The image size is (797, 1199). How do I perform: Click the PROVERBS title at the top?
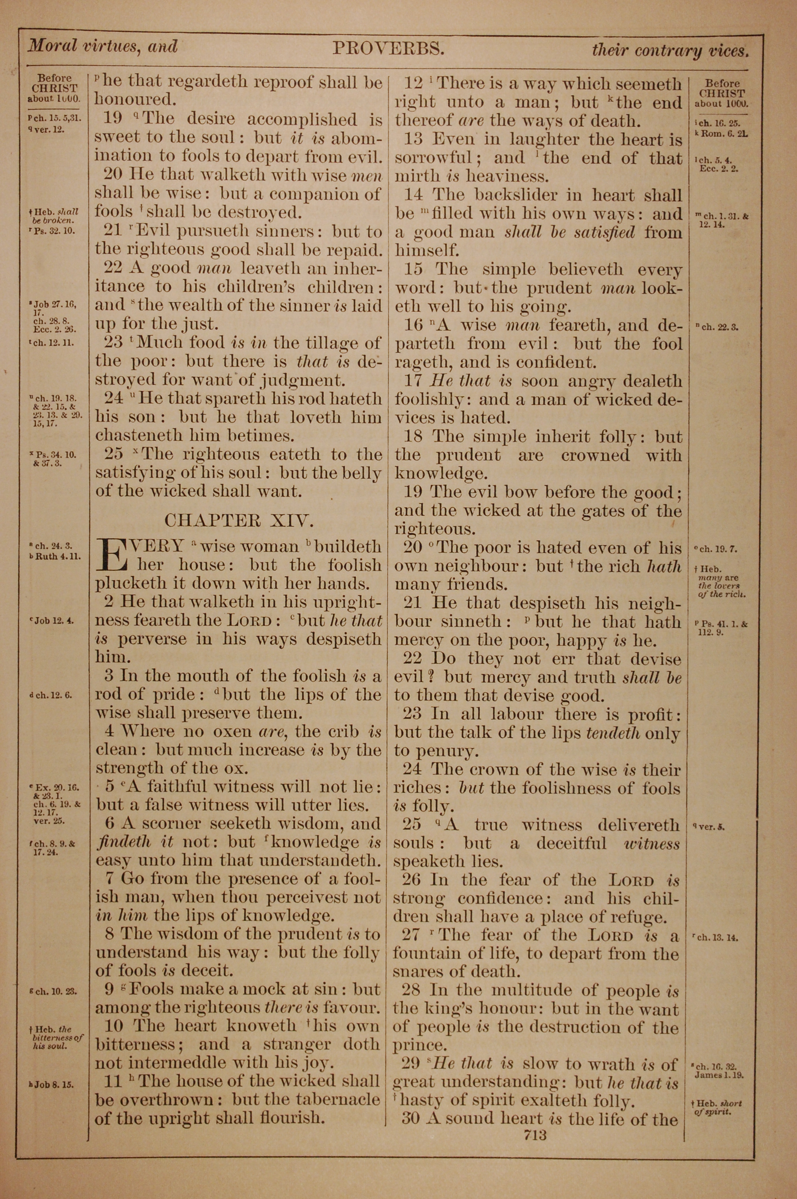pyautogui.click(x=389, y=48)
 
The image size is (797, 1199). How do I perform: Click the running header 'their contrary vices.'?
pyautogui.click(x=670, y=50)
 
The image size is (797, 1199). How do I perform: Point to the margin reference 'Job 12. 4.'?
pyautogui.click(x=53, y=621)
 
